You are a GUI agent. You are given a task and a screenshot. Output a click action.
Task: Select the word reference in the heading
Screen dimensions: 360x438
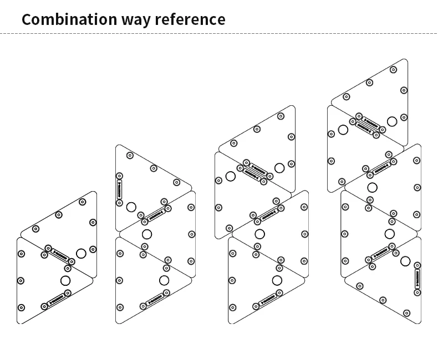tap(190, 19)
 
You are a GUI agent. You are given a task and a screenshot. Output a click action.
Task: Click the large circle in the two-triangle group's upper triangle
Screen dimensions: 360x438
tap(81, 254)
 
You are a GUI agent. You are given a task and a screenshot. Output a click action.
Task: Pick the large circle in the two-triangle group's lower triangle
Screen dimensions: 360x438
tap(66, 280)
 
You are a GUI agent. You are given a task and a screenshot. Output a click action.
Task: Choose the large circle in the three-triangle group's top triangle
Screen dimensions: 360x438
tap(131, 207)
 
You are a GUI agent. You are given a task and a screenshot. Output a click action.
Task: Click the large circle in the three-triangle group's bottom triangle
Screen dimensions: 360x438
tap(164, 280)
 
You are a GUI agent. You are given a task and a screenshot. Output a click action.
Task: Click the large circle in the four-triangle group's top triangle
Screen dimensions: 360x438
tap(279, 168)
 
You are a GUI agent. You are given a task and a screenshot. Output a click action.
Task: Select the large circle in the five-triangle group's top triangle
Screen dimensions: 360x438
tap(392, 121)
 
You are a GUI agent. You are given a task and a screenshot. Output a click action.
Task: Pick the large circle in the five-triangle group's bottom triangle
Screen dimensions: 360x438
tap(405, 261)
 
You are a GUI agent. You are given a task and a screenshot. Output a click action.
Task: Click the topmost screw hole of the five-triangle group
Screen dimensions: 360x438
tap(393, 70)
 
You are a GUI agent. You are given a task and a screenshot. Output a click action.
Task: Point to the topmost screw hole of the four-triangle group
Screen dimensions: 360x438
tap(281, 116)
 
